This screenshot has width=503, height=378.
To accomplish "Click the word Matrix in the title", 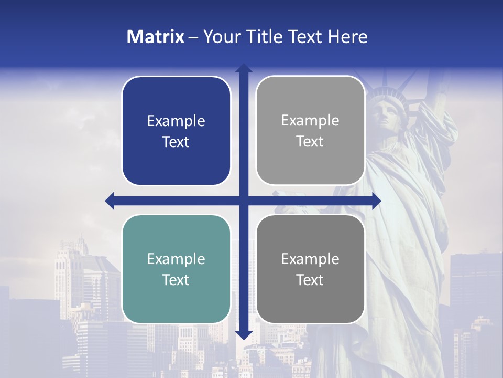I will click(x=155, y=37).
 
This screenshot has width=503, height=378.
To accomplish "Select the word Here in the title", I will click(x=347, y=37).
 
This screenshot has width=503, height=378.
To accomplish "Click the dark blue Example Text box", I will click(x=176, y=131).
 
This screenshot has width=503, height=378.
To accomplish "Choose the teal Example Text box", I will click(x=176, y=269).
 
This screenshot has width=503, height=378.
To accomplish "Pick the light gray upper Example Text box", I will click(x=310, y=131).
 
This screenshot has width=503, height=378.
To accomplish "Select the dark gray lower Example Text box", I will click(x=310, y=269).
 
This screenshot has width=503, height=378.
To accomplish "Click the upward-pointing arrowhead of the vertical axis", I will click(x=244, y=69).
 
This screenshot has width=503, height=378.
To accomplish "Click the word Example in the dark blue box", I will click(x=176, y=121).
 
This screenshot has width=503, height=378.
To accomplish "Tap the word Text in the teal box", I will click(x=176, y=280).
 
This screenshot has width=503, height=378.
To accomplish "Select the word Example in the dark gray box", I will click(x=310, y=259).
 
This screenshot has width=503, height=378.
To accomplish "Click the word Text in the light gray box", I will click(x=310, y=141).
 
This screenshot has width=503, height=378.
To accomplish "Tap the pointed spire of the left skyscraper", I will click(x=80, y=239).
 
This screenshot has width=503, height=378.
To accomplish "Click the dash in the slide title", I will click(x=193, y=37).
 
